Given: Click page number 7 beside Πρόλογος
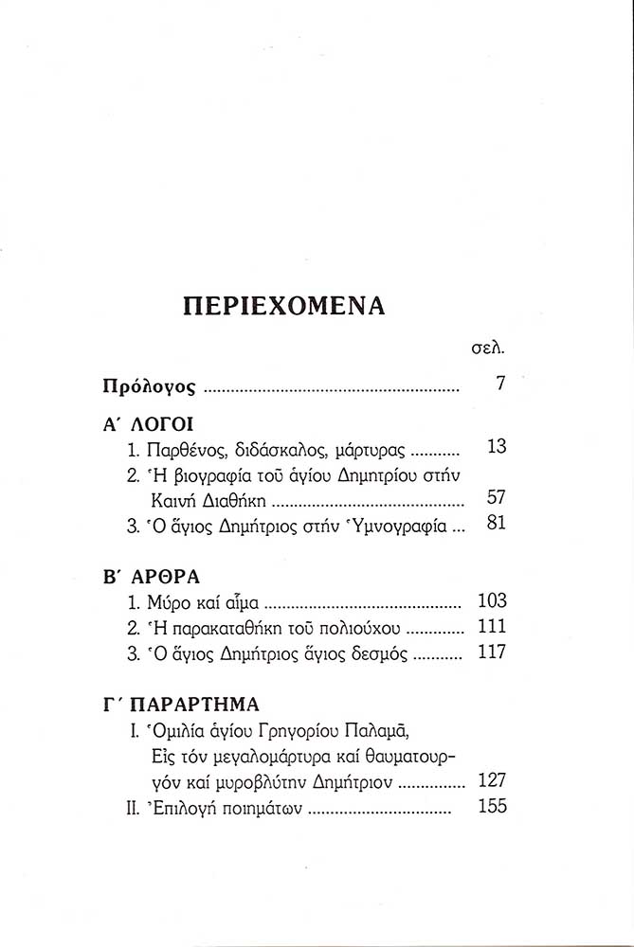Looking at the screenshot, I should tap(500, 384).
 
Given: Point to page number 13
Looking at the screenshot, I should tap(496, 447).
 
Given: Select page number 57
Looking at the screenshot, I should tap(496, 496).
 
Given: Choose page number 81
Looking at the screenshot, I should tap(496, 522).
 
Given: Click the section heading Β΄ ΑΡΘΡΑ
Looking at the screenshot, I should tap(150, 577).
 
